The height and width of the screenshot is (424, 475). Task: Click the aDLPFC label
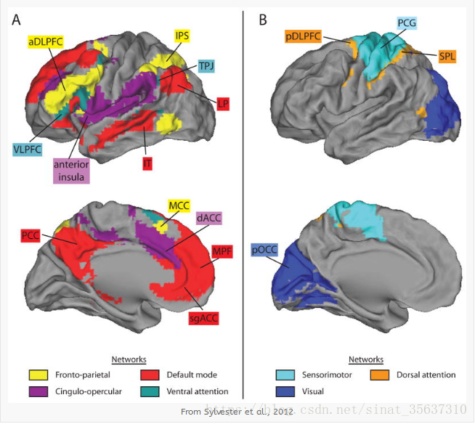45,43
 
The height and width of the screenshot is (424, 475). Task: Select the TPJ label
208,65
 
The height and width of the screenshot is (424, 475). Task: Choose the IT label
147,165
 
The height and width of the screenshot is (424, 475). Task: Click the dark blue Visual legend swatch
285,391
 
